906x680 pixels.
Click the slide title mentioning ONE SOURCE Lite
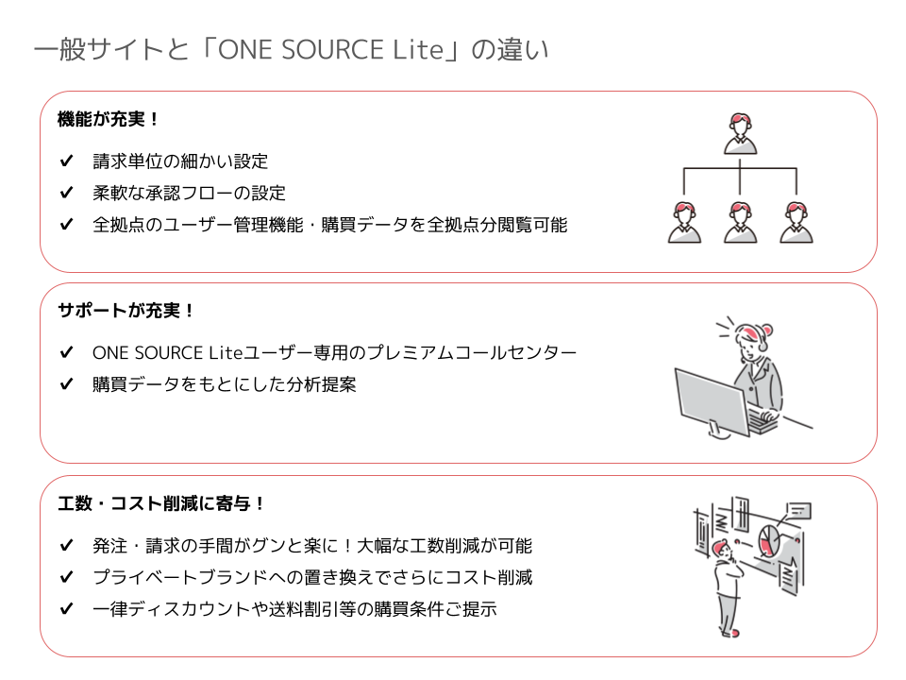tap(291, 50)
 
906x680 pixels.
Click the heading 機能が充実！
tap(109, 120)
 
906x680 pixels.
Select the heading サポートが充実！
tap(126, 311)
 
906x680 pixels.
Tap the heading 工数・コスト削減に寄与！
tap(161, 503)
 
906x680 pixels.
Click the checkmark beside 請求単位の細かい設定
tap(66, 161)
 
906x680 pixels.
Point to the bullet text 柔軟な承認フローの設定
tap(189, 194)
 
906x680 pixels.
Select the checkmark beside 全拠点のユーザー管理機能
tap(66, 225)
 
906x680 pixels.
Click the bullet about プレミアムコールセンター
tap(334, 353)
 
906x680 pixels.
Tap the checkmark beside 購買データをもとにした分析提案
tap(66, 384)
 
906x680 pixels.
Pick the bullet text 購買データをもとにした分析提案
tap(224, 384)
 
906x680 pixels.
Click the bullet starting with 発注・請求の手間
tap(312, 546)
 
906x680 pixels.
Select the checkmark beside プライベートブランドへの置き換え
tap(66, 577)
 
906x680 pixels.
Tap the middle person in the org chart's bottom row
tap(740, 222)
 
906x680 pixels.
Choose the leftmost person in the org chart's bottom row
tap(684, 222)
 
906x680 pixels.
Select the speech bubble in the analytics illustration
tap(798, 511)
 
